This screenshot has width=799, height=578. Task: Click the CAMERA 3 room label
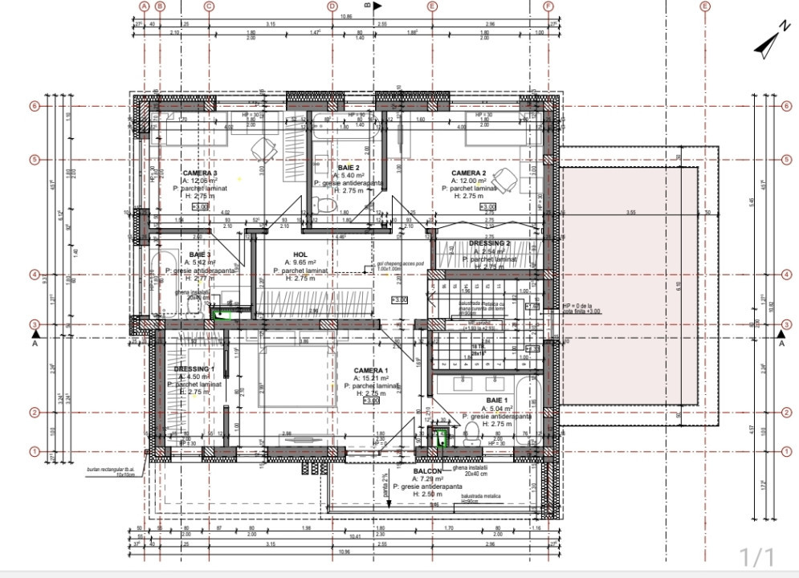pos(200,173)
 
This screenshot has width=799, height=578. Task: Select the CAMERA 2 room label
pos(469,173)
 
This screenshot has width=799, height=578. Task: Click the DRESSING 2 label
pos(489,243)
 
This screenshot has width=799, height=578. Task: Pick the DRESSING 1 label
pos(194,369)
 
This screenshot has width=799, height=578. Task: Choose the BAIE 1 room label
pos(498,399)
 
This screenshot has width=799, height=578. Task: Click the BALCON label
pos(428,471)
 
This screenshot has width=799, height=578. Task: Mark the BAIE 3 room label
pos(200,254)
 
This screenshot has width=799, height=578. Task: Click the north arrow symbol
pos(769,47)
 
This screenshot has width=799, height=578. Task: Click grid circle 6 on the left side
pos(35,105)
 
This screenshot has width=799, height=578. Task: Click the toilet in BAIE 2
pos(324,206)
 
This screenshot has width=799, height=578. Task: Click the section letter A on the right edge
pos(781,344)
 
